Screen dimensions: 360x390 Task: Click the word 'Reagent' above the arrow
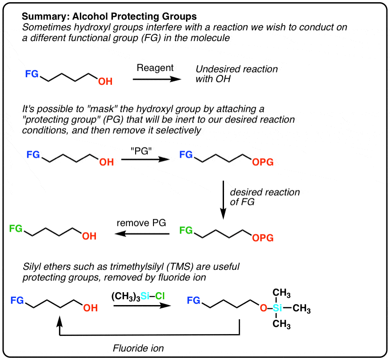(x=155, y=68)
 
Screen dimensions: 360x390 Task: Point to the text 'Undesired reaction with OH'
(x=236, y=74)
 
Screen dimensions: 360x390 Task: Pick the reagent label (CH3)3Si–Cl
(x=137, y=297)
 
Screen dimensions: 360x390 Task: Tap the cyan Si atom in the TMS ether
(x=278, y=308)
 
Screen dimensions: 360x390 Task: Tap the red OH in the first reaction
(x=105, y=82)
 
